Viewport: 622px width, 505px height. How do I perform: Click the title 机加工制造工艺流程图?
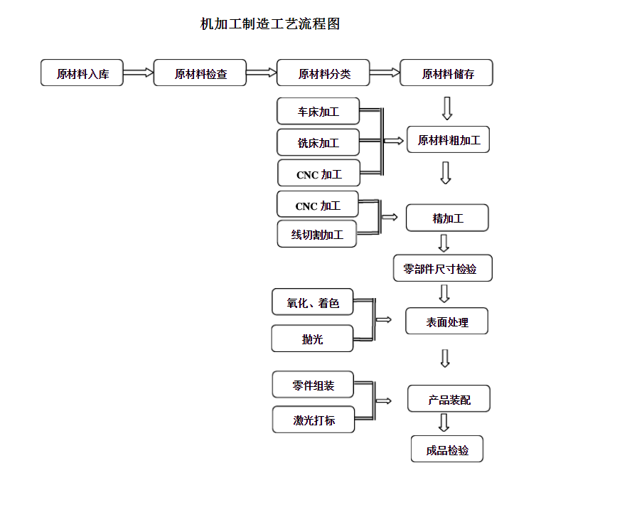click(270, 23)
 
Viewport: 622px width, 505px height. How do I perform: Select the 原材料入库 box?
click(82, 73)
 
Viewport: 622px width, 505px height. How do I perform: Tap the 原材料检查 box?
click(200, 73)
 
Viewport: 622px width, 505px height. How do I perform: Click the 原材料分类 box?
click(323, 73)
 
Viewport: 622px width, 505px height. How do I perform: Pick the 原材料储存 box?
click(446, 73)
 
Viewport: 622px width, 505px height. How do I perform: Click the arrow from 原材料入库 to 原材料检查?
click(139, 73)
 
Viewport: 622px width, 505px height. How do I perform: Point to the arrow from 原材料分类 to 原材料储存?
click(385, 73)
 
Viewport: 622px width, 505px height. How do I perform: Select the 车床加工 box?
click(318, 111)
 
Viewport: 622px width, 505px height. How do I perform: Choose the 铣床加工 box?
click(318, 142)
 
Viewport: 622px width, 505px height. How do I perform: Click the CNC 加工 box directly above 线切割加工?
click(318, 204)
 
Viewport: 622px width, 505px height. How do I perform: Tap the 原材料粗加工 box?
click(449, 139)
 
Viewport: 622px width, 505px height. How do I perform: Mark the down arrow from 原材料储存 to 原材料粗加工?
click(447, 108)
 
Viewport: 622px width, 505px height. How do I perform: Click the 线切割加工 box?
click(317, 234)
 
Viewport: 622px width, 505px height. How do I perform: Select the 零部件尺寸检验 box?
click(443, 268)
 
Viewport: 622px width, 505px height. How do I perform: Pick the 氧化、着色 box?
click(313, 302)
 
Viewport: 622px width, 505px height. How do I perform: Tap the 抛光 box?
click(312, 339)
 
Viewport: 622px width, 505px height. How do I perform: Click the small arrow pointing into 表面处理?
click(384, 319)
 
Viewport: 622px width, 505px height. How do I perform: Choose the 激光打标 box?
click(313, 420)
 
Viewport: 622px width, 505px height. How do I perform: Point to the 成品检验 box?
click(447, 449)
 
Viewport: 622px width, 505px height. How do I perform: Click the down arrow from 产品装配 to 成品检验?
click(444, 422)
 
